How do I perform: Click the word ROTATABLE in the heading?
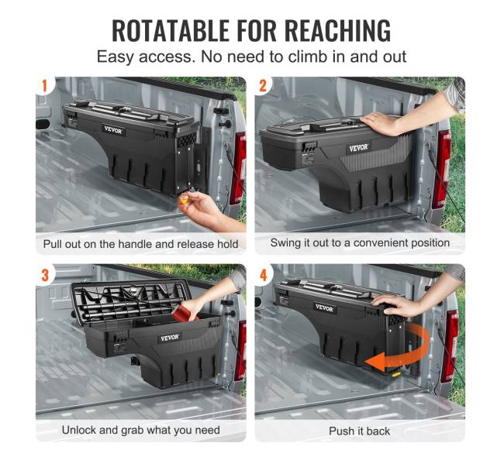pos(171,30)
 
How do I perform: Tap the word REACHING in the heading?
pos(337,30)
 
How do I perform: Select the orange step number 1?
pos(44,86)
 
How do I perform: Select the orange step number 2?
pos(263,86)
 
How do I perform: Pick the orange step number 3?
pos(45,275)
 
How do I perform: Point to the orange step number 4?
pos(264,275)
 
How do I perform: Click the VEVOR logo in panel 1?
pos(113,130)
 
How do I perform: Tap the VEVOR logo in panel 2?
pos(358,148)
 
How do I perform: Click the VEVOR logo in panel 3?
pos(170,338)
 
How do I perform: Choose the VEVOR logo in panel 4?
pos(324,307)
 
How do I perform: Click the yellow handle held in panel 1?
pos(185,201)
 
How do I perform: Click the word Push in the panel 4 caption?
pos(340,431)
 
